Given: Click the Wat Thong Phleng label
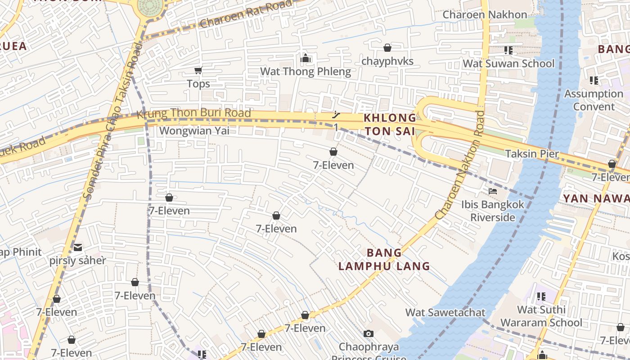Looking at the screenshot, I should pos(306,72).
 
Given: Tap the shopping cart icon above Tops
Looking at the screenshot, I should pos(198,70).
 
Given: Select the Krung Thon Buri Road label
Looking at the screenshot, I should pos(193,113).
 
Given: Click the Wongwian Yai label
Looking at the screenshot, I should pos(194,130).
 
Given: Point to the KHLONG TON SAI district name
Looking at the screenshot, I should pos(390,124).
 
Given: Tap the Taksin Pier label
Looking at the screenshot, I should pos(532,154).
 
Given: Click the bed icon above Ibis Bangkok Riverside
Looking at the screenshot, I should pos(493,191).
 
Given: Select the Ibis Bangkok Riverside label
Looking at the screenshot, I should pos(493,211).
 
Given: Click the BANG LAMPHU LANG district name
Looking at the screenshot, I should pos(384,260).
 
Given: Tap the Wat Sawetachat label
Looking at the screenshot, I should pos(445,312).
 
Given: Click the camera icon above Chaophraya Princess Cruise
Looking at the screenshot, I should pos(369,333).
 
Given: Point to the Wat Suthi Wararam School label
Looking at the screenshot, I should pos(541,316).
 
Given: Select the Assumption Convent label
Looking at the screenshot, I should pos(594,100).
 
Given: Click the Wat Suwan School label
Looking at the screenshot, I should pos(508,63).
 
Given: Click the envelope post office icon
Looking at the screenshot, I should pos(78,247).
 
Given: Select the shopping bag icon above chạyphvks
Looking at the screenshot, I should pos(387,48).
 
